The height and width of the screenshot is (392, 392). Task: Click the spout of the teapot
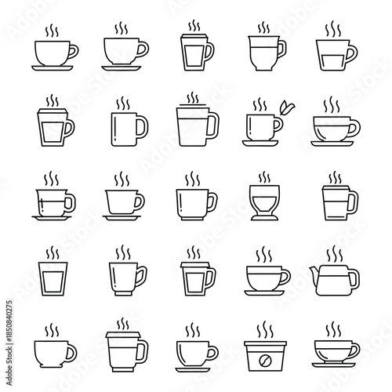(315, 274)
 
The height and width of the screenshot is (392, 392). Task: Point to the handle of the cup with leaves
(279, 125)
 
